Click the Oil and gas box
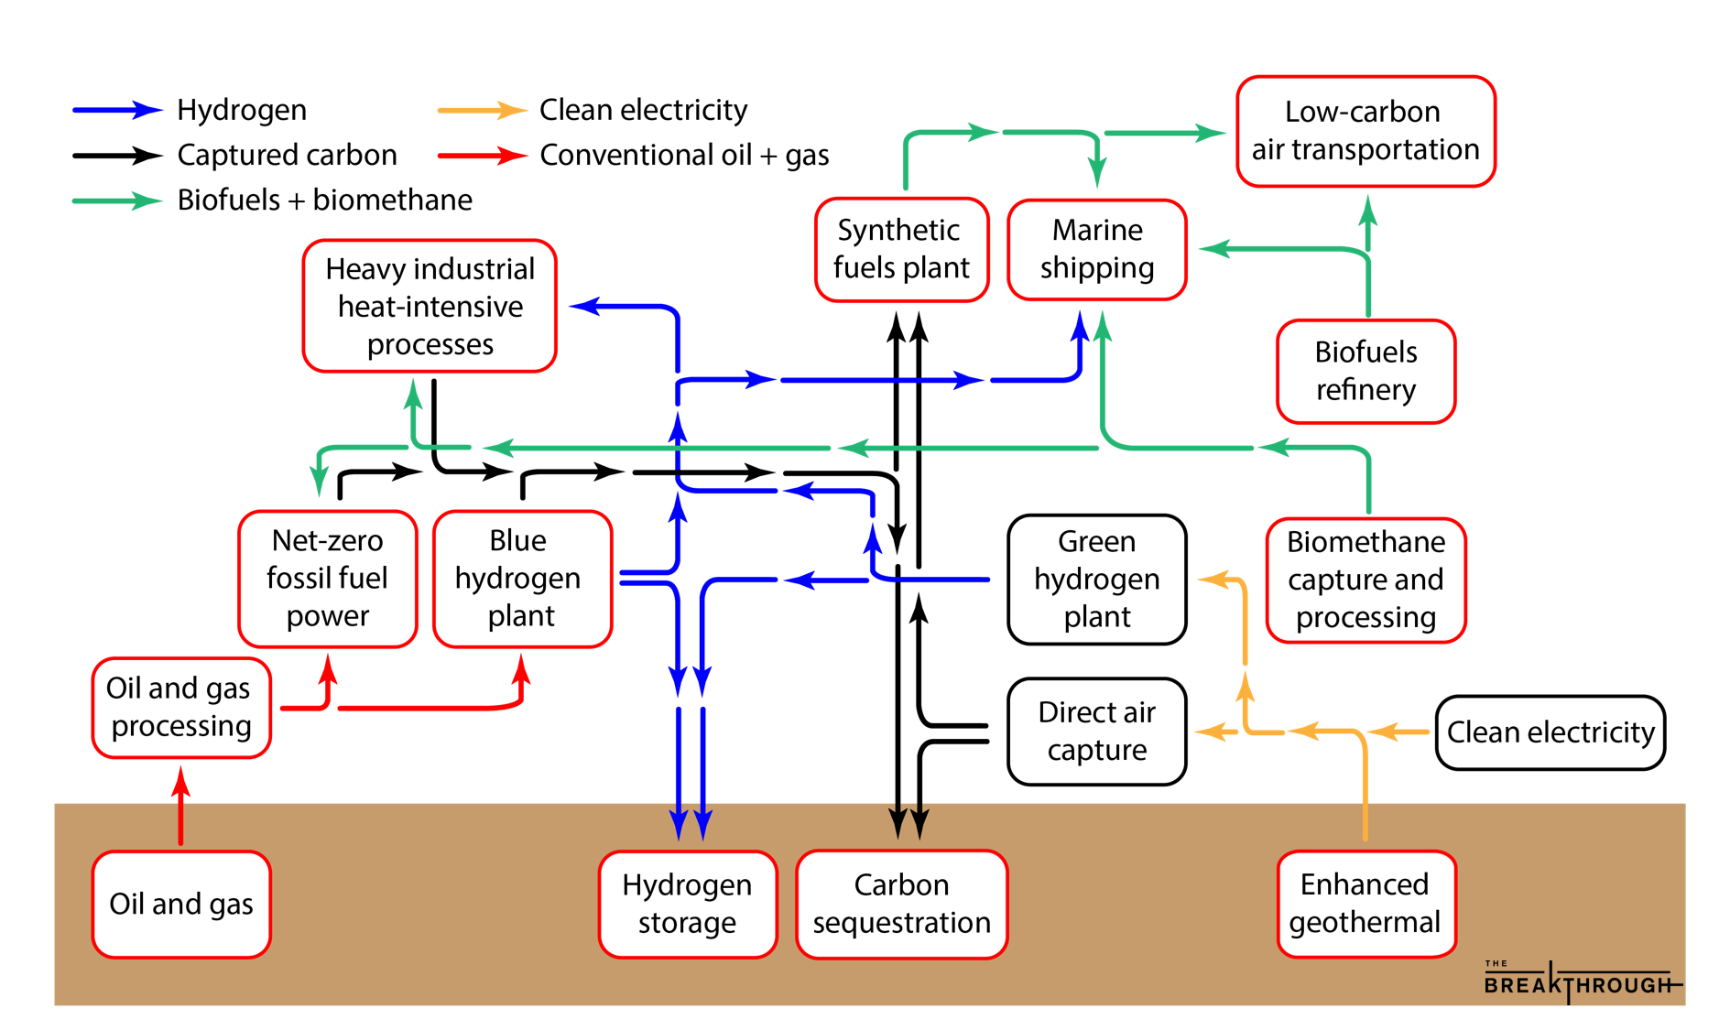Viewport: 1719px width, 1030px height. tap(181, 905)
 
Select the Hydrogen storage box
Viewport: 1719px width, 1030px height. tap(688, 905)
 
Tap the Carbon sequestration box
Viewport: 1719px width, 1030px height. tap(901, 905)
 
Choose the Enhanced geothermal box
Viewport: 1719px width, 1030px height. tap(1365, 905)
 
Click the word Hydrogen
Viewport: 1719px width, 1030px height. tap(687, 885)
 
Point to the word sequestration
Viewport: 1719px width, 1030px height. tap(901, 923)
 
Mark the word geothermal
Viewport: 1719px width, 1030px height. tap(1365, 923)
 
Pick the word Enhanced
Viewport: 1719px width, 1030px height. tap(1365, 884)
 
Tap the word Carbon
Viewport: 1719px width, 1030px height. tap(901, 885)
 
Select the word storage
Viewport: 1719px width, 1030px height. tap(687, 923)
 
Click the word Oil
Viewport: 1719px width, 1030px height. tap(126, 905)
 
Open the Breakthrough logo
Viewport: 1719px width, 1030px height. tap(1580, 982)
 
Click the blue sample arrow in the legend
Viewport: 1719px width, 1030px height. tap(117, 111)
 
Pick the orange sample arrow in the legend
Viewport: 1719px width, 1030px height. tap(483, 111)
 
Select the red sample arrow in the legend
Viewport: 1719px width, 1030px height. tap(483, 156)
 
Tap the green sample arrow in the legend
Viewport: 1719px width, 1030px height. tap(117, 201)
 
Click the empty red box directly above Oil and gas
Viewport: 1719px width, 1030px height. tap(181, 708)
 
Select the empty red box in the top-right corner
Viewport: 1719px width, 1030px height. tap(1365, 132)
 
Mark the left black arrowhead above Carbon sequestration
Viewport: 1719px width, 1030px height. tap(898, 821)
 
